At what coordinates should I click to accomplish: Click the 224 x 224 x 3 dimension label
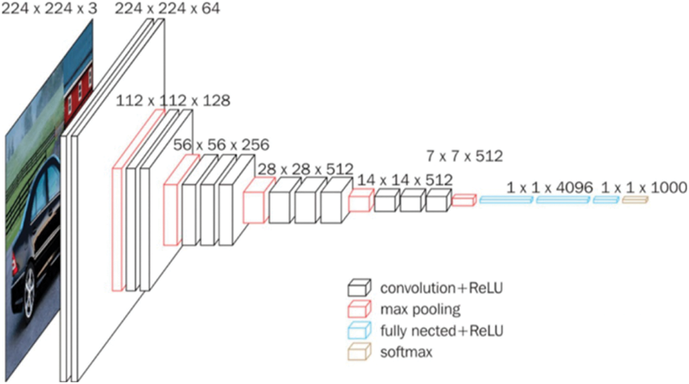coord(49,8)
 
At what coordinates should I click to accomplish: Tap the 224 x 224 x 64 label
coord(167,8)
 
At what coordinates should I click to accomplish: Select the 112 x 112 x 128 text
coord(173,100)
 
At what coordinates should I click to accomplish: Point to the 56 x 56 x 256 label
coord(221,145)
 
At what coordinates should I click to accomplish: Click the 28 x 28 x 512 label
coord(305,169)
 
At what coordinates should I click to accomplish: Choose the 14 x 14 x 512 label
coord(405,180)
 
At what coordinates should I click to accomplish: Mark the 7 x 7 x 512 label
coord(464,156)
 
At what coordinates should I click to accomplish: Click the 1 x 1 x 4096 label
coord(549,187)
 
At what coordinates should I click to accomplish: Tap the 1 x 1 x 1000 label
coord(644,187)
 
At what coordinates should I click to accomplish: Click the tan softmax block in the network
coord(635,200)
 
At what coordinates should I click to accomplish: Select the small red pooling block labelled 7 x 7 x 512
coord(463,200)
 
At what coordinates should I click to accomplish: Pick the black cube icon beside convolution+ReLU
coord(359,288)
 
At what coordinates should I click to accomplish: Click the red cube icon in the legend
coord(359,309)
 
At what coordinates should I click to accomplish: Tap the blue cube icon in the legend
coord(359,330)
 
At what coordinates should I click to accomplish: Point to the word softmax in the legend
coord(406,352)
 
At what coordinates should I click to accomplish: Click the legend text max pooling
coord(420,309)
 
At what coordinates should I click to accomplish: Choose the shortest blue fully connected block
coord(606,200)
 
